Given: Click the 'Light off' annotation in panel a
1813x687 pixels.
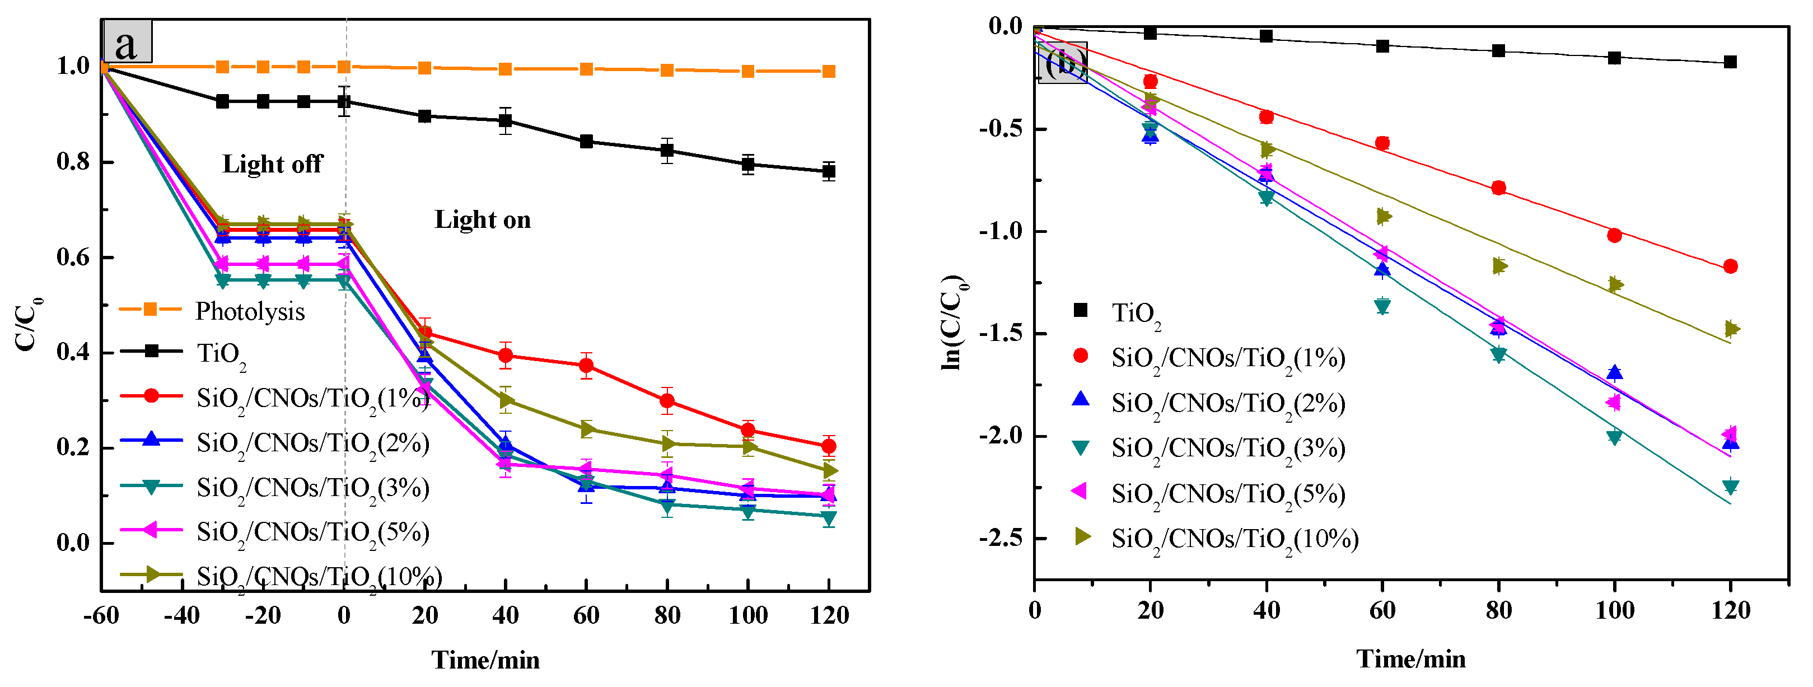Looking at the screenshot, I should (272, 164).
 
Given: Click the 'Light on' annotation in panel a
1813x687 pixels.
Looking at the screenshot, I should (482, 219).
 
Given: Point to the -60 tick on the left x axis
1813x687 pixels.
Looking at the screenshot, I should (101, 615).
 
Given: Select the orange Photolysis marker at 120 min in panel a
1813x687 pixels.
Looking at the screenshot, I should (829, 71).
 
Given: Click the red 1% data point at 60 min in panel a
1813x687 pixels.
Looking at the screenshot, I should (586, 365).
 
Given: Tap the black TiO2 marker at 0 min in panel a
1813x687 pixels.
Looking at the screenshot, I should (343, 101).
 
